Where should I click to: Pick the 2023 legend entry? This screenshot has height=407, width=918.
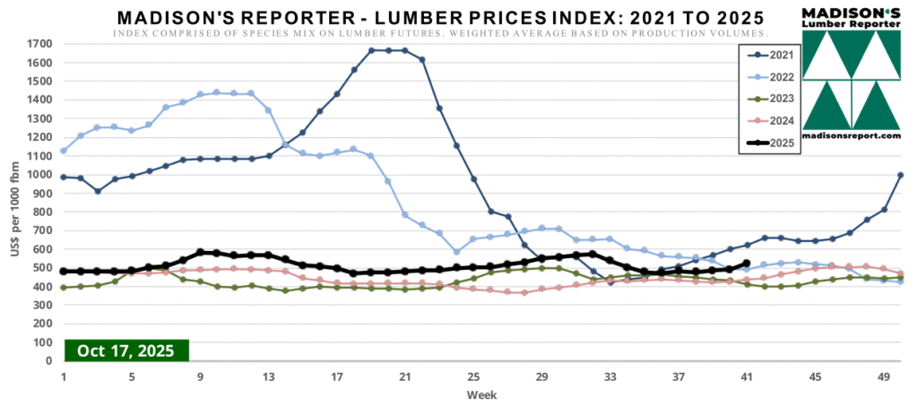tap(771, 98)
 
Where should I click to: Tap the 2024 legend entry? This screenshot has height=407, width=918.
tap(771, 120)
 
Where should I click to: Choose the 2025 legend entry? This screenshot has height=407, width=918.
tap(771, 143)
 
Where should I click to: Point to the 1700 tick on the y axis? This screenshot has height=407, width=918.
tap(39, 43)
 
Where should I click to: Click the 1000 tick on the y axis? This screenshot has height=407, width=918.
tap(39, 174)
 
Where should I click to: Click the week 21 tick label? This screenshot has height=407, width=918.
tap(404, 377)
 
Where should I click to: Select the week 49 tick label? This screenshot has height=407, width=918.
tap(884, 377)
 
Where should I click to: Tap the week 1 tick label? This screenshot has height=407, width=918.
tap(63, 377)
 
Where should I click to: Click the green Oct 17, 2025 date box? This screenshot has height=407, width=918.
tap(126, 350)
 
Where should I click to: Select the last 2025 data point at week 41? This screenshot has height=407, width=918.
tap(747, 264)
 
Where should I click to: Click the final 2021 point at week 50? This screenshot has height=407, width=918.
tap(900, 176)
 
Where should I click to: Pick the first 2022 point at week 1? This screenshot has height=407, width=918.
tap(63, 151)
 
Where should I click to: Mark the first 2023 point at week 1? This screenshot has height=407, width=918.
tap(63, 288)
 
